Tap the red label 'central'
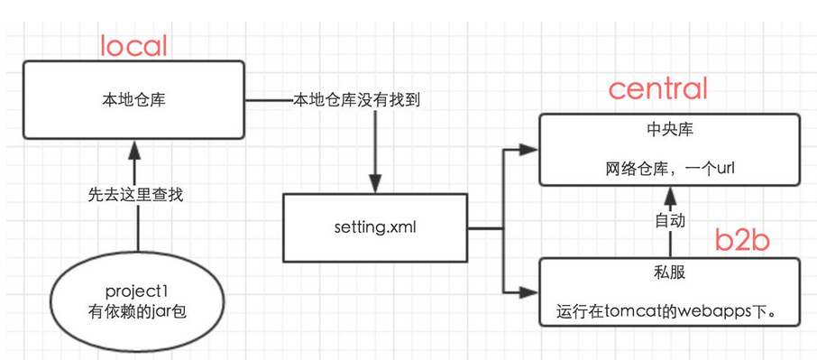coord(657,88)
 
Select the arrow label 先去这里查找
coord(135,194)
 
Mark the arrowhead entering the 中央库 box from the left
coord(530,149)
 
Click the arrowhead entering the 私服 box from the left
coord(530,291)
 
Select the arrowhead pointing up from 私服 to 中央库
coord(668,192)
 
